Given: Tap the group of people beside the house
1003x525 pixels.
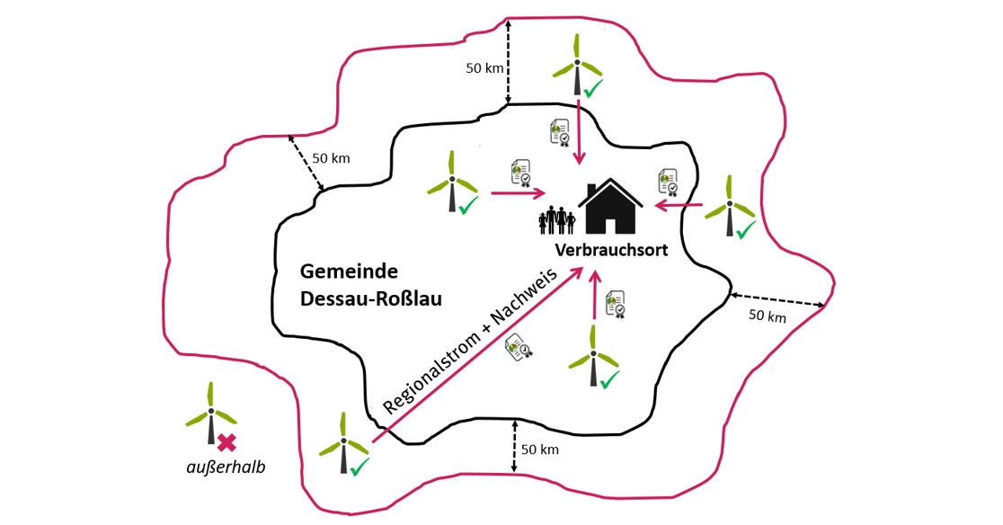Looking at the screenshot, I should (557, 220).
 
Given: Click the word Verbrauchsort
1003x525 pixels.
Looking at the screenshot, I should (611, 251).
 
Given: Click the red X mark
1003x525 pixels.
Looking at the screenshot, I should (226, 441).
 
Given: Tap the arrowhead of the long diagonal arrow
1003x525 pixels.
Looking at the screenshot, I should (577, 273).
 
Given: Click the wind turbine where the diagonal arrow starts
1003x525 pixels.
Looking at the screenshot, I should (342, 441).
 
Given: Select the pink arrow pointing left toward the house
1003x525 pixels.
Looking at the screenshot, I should (679, 207).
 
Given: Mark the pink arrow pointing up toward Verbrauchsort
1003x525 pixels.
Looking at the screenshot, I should (594, 297).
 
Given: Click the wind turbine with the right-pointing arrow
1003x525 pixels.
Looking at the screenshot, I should (452, 183).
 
